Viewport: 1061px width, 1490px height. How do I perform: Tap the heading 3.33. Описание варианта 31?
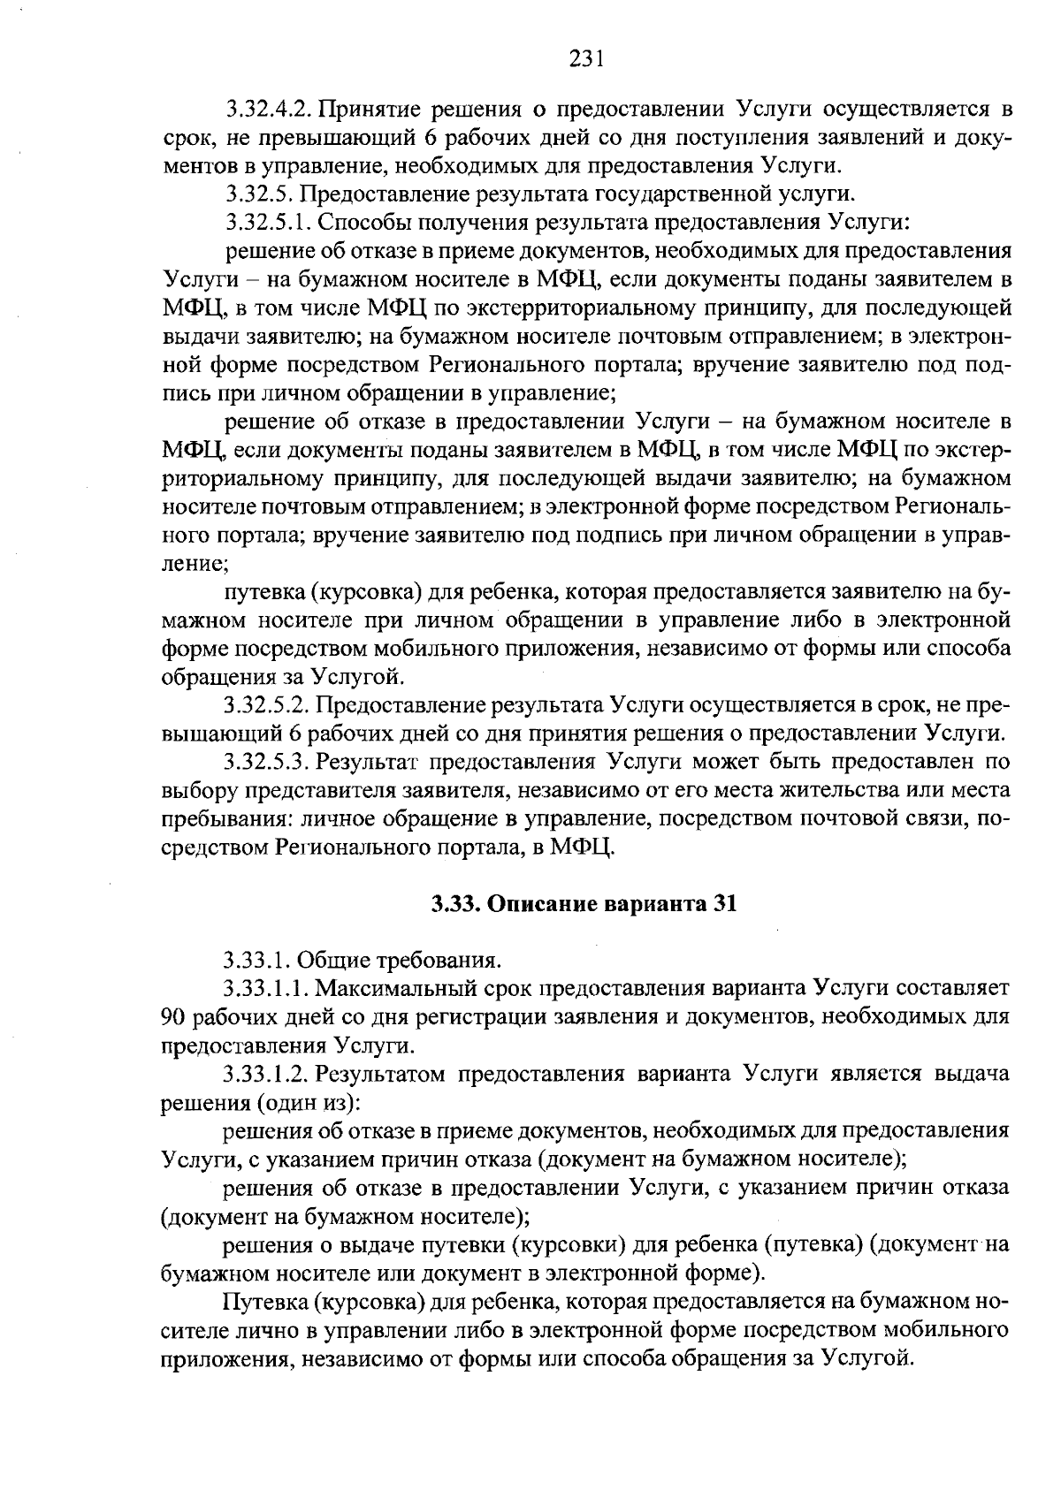click(x=584, y=904)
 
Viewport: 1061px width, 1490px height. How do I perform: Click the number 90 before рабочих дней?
click(x=174, y=1016)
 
